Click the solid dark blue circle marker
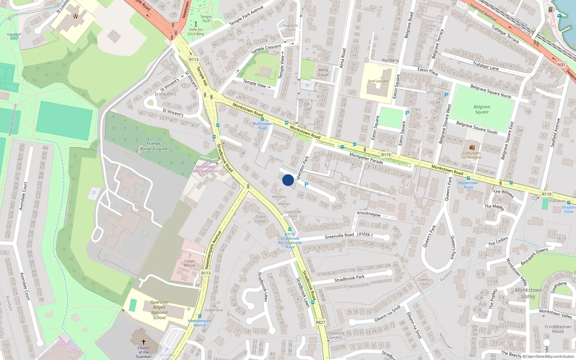pyautogui.click(x=288, y=180)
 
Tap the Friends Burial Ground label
pyautogui.click(x=153, y=146)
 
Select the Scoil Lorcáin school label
pyautogui.click(x=378, y=81)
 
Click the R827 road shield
pyautogui.click(x=320, y=322)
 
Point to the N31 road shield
pyautogui.click(x=561, y=65)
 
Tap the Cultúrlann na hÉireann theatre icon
pyautogui.click(x=472, y=147)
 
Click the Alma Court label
pyautogui.click(x=323, y=72)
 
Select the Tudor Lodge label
pyautogui.click(x=260, y=219)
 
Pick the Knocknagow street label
pyautogui.click(x=369, y=213)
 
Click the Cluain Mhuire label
pyautogui.click(x=189, y=263)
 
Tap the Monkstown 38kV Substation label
pyautogui.click(x=204, y=169)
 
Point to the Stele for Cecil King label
pyautogui.click(x=196, y=32)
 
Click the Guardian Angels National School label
pyautogui.click(x=159, y=310)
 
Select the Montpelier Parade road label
pyautogui.click(x=366, y=158)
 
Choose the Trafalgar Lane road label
pyautogui.click(x=485, y=66)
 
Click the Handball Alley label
pyautogui.click(x=14, y=36)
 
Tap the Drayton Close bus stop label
pyautogui.click(x=568, y=209)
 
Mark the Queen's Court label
pyautogui.click(x=424, y=282)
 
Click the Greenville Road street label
pyautogui.click(x=339, y=235)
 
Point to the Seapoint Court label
pyautogui.click(x=290, y=28)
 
